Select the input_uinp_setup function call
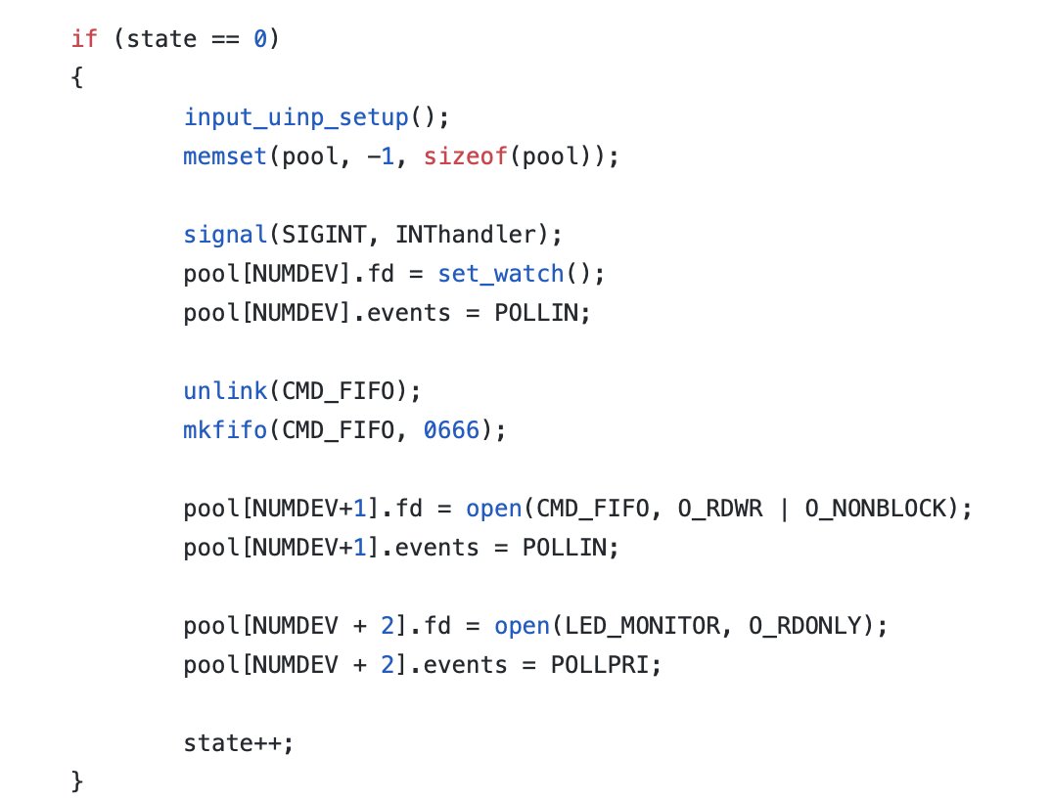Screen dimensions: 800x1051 pyautogui.click(x=296, y=117)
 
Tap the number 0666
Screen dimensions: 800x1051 pyautogui.click(x=452, y=430)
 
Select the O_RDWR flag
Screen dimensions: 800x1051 pyautogui.click(x=714, y=509)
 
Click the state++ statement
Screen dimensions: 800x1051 pyautogui.click(x=238, y=743)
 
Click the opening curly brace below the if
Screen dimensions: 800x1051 pyautogui.click(x=77, y=78)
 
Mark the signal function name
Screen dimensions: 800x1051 pyautogui.click(x=224, y=235)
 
